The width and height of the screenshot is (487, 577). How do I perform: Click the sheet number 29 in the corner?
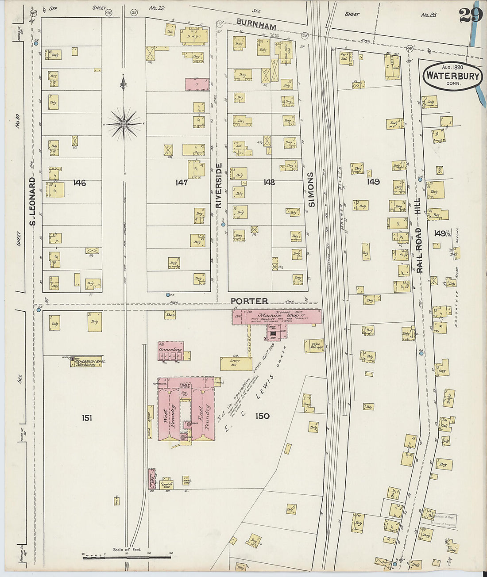(x=470, y=15)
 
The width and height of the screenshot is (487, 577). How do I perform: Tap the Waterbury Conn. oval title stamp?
(x=452, y=76)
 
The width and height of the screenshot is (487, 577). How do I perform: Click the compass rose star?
(x=124, y=125)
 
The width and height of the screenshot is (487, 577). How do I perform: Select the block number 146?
(x=80, y=183)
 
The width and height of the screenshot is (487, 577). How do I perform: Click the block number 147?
(x=182, y=182)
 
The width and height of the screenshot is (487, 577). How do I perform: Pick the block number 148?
(x=269, y=182)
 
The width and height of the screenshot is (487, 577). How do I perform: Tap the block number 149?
(x=373, y=181)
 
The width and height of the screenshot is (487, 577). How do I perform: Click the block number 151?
(x=87, y=417)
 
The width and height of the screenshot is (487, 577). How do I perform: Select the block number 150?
(x=262, y=416)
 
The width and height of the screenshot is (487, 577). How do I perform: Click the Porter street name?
(x=249, y=301)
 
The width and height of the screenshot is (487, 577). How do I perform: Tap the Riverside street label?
(x=218, y=185)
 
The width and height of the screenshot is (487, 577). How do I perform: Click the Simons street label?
(x=311, y=189)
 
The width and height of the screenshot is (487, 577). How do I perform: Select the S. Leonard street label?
(x=32, y=201)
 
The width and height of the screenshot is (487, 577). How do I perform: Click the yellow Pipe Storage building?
(x=314, y=345)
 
